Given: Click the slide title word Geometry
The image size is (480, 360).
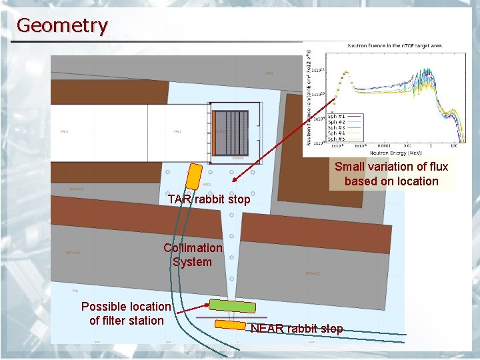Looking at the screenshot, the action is click(61, 25).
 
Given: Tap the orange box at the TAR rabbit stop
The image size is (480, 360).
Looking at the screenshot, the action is click(194, 175).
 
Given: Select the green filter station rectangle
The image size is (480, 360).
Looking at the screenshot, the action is click(232, 306).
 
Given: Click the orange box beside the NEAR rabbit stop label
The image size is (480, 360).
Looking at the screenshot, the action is click(230, 325).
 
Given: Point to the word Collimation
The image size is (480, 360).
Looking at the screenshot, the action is click(193, 248).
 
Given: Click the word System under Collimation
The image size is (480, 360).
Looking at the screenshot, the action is click(192, 262).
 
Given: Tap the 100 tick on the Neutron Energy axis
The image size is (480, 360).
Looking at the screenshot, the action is click(453, 145).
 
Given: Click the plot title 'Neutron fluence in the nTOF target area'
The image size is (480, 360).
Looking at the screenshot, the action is click(395, 46).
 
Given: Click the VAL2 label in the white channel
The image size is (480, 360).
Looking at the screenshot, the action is click(65, 131).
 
